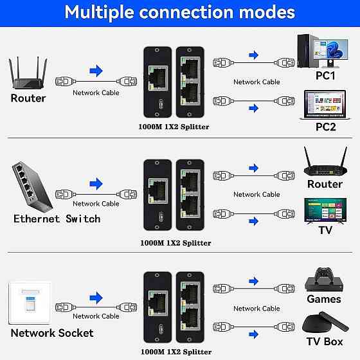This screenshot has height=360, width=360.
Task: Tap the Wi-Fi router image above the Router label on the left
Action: pyautogui.click(x=28, y=75)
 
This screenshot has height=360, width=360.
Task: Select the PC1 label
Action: pyautogui.click(x=325, y=76)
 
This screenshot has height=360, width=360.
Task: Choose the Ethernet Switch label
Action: pyautogui.click(x=57, y=219)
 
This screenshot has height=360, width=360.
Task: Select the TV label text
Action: pyautogui.click(x=325, y=230)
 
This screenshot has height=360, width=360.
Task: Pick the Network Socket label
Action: pyautogui.click(x=52, y=333)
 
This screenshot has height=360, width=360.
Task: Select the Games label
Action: pyautogui.click(x=324, y=299)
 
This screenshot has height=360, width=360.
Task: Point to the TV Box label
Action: pyautogui.click(x=325, y=341)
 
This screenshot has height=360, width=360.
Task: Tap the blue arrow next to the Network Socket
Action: pyautogui.click(x=96, y=298)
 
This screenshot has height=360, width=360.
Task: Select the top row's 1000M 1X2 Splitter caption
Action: pyautogui.click(x=174, y=127)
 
